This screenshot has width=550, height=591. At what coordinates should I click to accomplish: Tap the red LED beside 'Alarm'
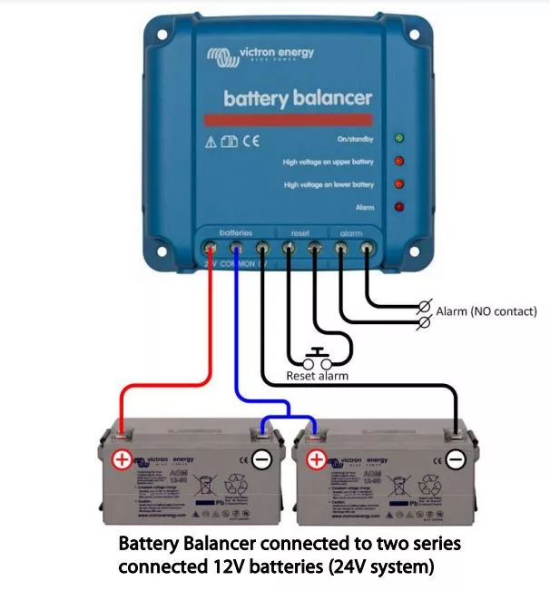coord(398,207)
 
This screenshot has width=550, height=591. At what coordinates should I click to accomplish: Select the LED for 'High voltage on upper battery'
coord(398,162)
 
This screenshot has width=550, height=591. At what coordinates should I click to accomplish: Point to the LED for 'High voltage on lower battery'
coord(398,184)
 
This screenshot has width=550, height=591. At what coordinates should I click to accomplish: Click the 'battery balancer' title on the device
coord(298,97)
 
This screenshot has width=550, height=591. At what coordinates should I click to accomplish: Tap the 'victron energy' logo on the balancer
coord(260,54)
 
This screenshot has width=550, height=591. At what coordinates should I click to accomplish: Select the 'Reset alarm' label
coord(317,375)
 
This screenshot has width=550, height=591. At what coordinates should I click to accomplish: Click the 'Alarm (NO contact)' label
coord(486,311)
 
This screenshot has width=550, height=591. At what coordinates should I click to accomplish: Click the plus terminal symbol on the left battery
coord(121,460)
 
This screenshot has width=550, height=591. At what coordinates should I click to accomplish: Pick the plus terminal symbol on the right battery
coord(317,460)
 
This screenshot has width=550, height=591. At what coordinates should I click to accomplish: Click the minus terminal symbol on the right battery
coord(456,460)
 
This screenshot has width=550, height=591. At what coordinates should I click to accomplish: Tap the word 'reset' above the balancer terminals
coord(300,233)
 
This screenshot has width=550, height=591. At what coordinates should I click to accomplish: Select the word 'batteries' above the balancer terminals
coord(235,233)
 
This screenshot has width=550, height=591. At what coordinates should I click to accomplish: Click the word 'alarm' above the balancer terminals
coord(352,233)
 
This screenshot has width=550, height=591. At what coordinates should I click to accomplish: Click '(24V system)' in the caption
coord(378,567)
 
